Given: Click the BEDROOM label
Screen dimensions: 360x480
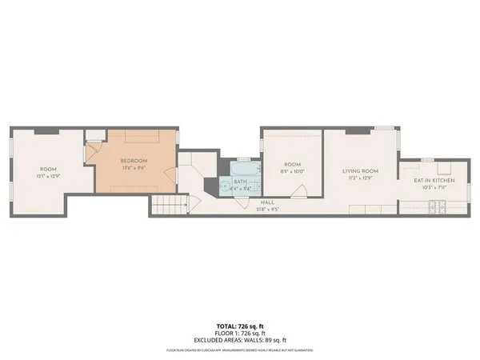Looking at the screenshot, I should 133,160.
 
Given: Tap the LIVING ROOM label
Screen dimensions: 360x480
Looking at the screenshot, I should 360,170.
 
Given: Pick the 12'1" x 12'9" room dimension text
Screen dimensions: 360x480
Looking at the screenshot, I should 49,175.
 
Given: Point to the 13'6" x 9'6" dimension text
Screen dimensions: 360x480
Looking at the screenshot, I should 133,167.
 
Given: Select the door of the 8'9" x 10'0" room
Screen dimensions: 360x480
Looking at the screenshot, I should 300,190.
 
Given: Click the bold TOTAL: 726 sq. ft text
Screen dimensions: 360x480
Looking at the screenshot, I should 239,325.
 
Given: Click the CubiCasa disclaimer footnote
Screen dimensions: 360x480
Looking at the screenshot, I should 239,350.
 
